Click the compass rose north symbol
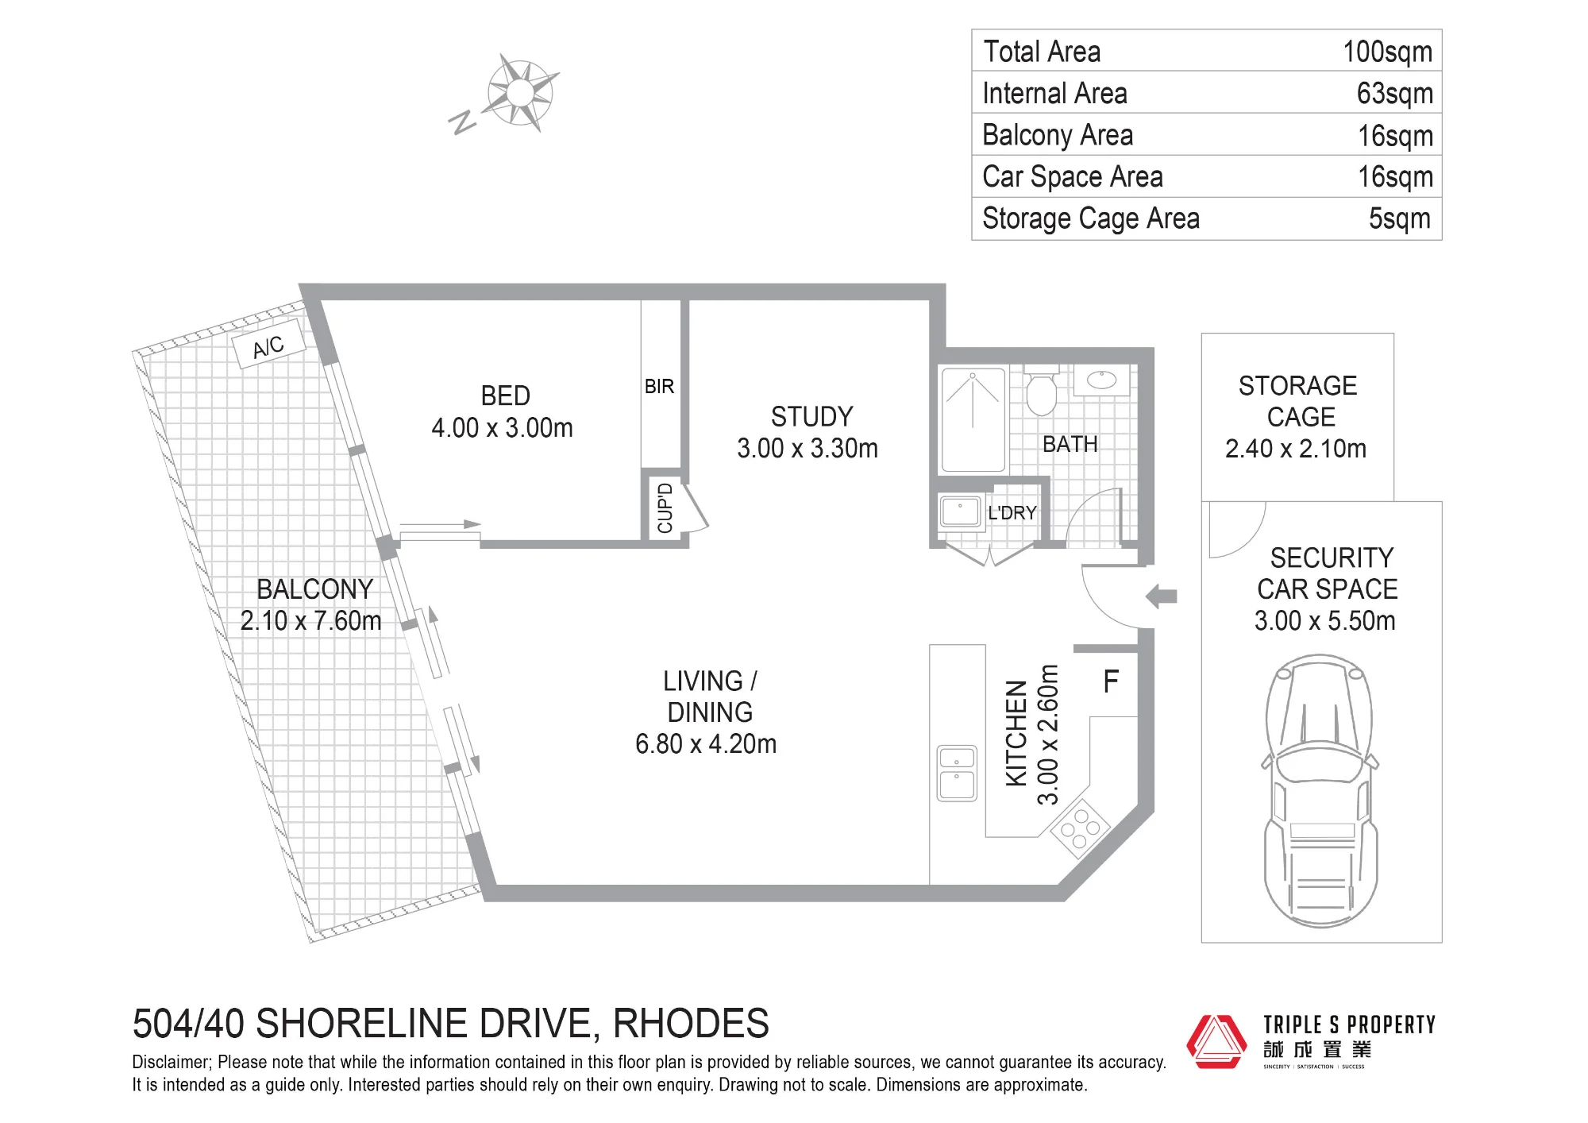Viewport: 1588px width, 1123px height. (x=520, y=93)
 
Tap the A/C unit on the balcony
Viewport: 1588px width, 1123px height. (x=268, y=344)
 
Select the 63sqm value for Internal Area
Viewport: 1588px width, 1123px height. (x=1394, y=94)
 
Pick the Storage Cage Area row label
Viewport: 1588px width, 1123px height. (x=1091, y=218)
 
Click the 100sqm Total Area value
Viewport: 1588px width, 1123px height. (x=1387, y=52)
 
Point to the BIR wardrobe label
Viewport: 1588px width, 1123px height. (x=659, y=387)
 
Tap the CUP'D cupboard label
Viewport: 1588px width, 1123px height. (x=665, y=507)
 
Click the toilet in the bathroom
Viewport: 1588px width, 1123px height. (x=1041, y=391)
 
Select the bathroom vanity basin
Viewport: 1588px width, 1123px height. (x=1101, y=380)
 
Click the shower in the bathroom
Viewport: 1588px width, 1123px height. (x=973, y=419)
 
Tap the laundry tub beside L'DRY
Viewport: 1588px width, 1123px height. (x=960, y=511)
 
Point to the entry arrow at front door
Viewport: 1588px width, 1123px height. (x=1162, y=596)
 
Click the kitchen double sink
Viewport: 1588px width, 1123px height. (x=957, y=774)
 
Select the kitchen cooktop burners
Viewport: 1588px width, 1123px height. (x=1080, y=828)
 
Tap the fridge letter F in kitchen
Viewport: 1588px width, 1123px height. (x=1111, y=681)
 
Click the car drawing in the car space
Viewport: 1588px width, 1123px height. (x=1320, y=791)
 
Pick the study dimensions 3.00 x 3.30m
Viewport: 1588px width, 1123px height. (x=807, y=449)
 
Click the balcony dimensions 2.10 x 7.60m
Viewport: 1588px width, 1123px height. (x=311, y=620)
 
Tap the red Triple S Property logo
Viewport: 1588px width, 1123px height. (x=1216, y=1041)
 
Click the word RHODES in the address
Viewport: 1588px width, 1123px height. (x=691, y=1024)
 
